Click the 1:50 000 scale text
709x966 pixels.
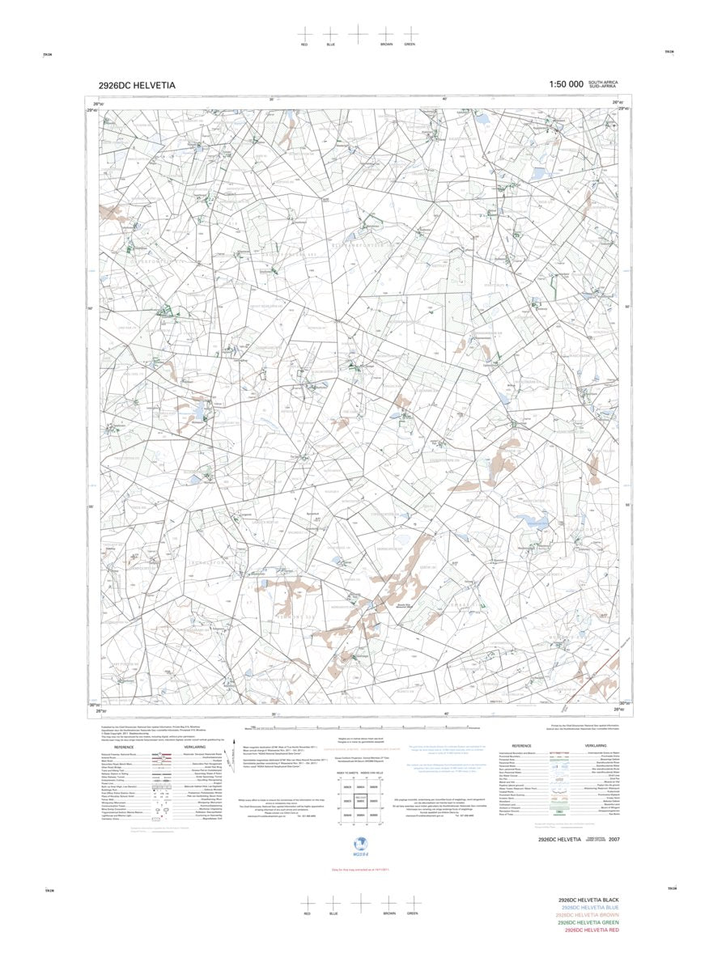[x=566, y=84]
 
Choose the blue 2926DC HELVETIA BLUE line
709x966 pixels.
[x=588, y=908]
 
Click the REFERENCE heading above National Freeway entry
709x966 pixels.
[x=124, y=747]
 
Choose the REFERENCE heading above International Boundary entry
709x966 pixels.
[x=521, y=746]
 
